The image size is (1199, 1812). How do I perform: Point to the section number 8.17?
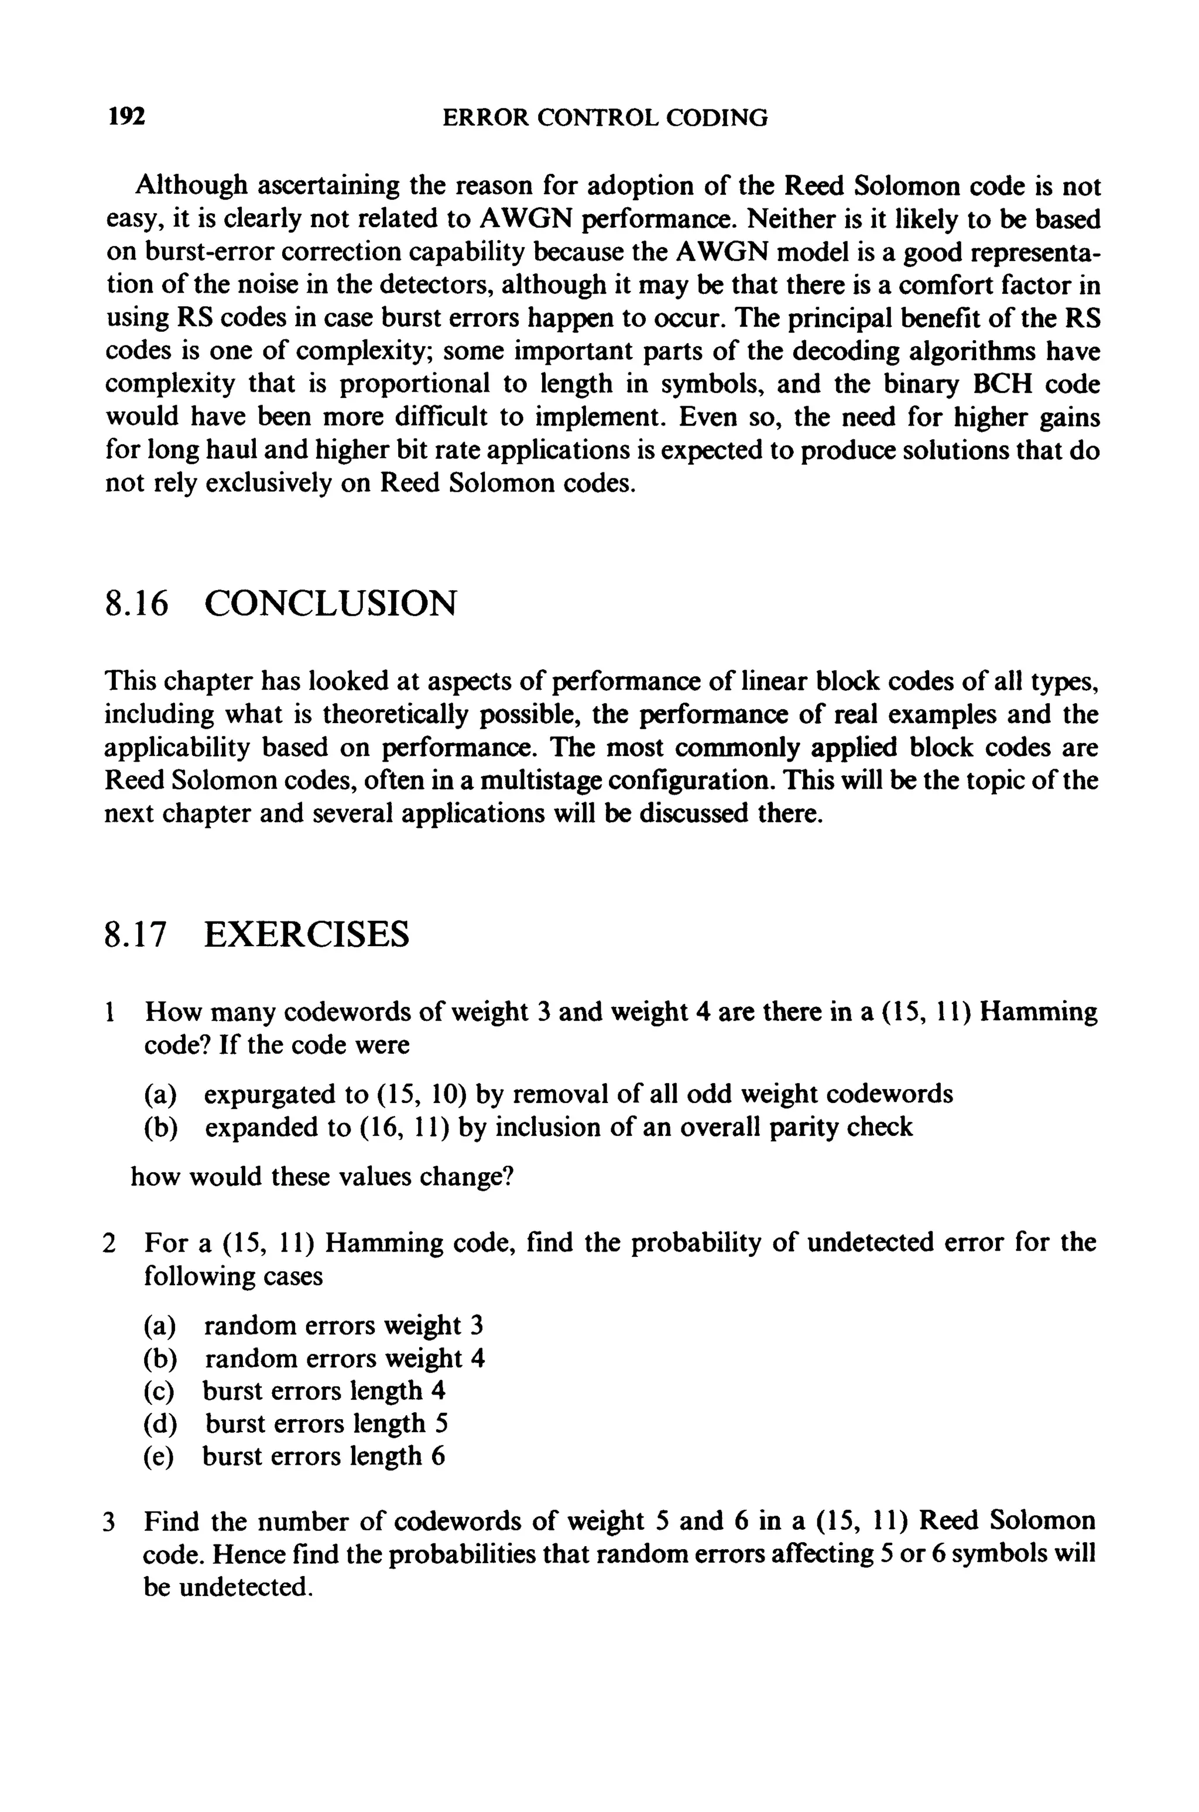135,934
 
